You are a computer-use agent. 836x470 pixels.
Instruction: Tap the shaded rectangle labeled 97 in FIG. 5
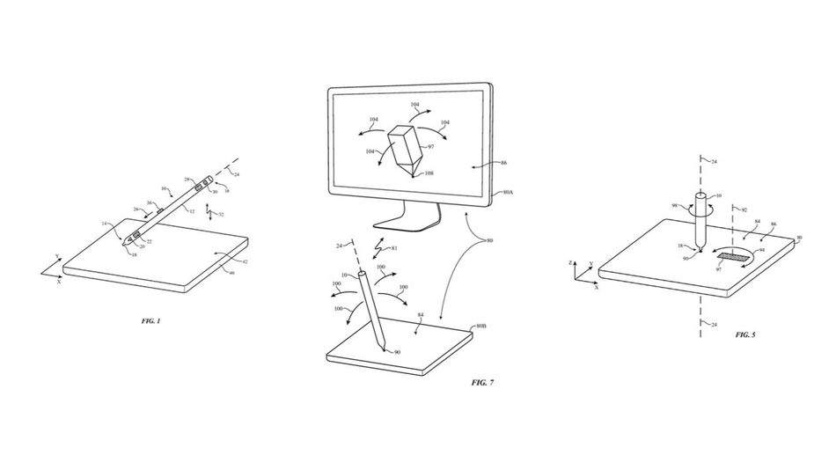coord(730,258)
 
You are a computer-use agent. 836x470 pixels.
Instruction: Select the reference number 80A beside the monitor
coord(509,193)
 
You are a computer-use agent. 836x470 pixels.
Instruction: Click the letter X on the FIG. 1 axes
coord(59,283)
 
